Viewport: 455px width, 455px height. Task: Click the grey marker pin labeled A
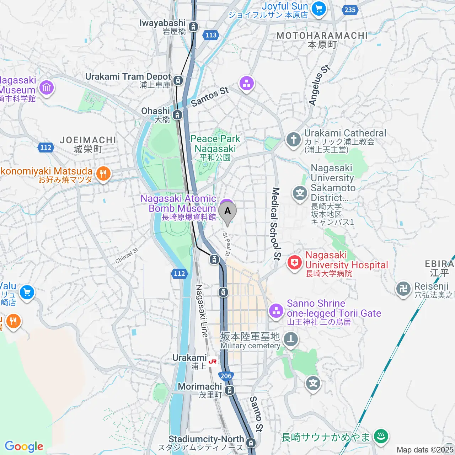click(227, 212)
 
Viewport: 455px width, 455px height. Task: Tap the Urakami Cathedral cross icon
click(293, 140)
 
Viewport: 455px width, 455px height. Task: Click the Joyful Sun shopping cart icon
click(318, 9)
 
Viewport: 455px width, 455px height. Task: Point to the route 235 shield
click(350, 10)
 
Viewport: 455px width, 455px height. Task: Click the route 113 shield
click(211, 35)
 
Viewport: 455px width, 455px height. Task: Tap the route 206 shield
click(226, 376)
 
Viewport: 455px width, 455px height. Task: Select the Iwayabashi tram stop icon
click(193, 26)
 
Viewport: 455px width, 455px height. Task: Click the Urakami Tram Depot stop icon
click(178, 80)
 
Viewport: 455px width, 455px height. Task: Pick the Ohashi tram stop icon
click(177, 115)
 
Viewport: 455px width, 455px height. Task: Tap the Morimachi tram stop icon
click(230, 390)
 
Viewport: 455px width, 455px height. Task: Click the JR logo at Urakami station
click(213, 362)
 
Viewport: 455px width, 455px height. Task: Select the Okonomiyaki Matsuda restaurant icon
click(103, 174)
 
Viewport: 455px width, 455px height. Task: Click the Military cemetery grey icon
click(291, 339)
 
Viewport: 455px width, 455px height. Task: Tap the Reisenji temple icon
click(403, 288)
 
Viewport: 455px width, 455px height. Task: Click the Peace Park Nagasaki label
click(215, 144)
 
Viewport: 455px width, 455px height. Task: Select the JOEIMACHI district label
click(88, 144)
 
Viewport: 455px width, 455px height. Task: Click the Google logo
click(24, 446)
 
